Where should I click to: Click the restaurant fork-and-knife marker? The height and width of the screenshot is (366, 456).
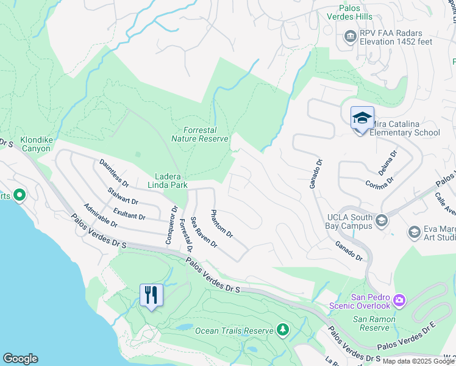click(x=150, y=296)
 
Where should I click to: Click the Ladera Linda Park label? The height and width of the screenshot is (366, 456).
click(x=166, y=180)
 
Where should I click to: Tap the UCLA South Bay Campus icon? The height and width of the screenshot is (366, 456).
click(x=382, y=220)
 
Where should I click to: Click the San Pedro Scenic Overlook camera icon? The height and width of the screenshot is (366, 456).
click(x=399, y=300)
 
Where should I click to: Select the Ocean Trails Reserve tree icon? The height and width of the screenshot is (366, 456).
click(x=282, y=330)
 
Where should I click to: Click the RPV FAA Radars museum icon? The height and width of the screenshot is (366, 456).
click(x=350, y=36)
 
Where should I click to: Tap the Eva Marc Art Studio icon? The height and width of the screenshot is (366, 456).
click(x=414, y=232)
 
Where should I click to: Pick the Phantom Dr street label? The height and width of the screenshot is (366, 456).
click(x=221, y=224)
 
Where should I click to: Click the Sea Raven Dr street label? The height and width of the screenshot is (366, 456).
click(x=204, y=232)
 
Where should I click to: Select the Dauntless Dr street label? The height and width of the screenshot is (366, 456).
click(x=115, y=173)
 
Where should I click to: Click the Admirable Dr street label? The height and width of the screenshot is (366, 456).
click(x=101, y=215)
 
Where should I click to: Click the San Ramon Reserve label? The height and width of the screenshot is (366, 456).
click(x=374, y=323)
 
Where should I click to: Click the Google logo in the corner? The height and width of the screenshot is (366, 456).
click(x=20, y=359)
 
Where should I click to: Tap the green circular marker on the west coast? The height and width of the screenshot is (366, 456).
click(x=19, y=195)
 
